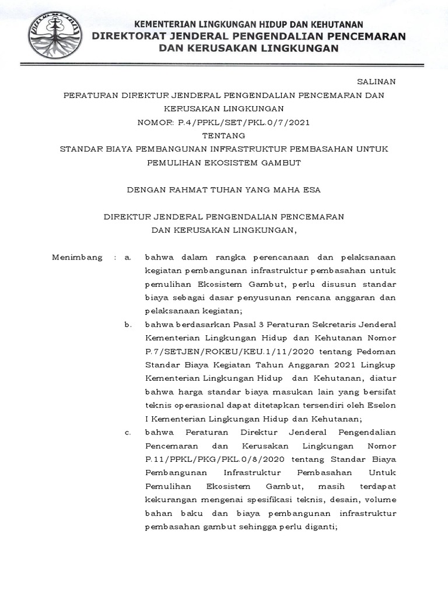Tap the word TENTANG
point(224,135)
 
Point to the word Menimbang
point(77,257)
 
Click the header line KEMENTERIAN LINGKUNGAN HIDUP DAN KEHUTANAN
point(249,24)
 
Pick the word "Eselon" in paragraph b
point(382,405)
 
